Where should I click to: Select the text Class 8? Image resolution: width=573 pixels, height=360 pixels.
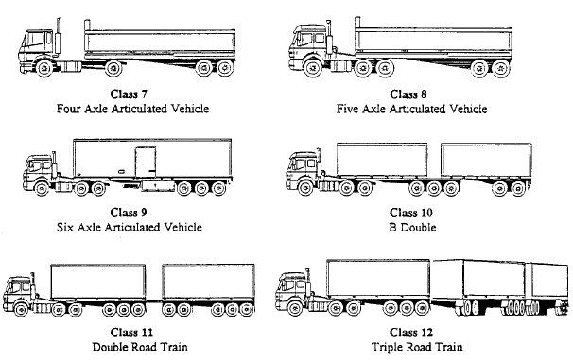pyautogui.click(x=411, y=94)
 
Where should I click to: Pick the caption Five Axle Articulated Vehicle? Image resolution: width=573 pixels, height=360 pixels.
pyautogui.click(x=411, y=109)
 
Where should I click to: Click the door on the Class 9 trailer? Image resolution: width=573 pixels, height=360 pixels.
pyautogui.click(x=144, y=162)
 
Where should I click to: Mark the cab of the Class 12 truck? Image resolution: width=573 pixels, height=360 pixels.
pyautogui.click(x=295, y=287)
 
